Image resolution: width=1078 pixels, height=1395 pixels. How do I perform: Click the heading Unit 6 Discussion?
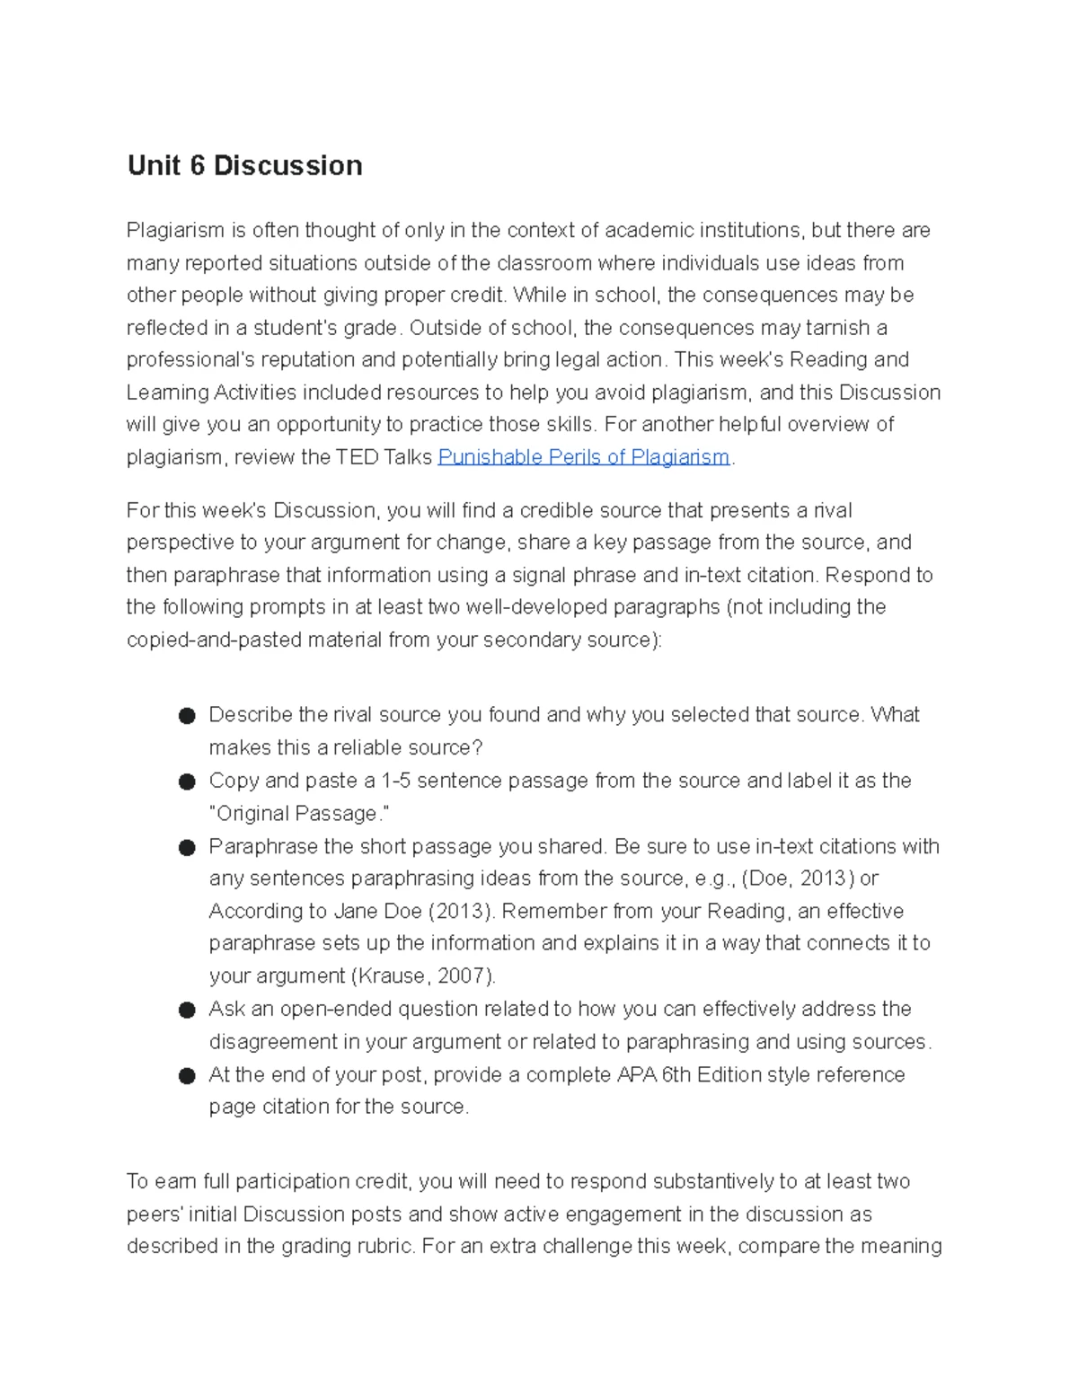point(244,165)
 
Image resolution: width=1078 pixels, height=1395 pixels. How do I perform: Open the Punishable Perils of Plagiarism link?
point(583,457)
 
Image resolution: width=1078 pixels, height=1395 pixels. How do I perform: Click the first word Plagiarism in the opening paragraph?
point(175,231)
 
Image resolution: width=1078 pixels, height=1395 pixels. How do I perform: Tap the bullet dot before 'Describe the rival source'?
point(187,716)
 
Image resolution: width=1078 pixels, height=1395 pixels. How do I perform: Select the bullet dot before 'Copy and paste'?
point(187,781)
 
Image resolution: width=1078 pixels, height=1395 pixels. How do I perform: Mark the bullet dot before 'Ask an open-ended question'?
point(187,1011)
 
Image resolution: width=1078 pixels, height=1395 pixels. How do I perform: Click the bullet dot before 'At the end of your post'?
point(187,1076)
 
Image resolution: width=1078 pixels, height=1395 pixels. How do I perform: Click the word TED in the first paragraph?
point(357,457)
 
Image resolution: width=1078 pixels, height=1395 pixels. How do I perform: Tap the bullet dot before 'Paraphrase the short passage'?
point(187,848)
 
